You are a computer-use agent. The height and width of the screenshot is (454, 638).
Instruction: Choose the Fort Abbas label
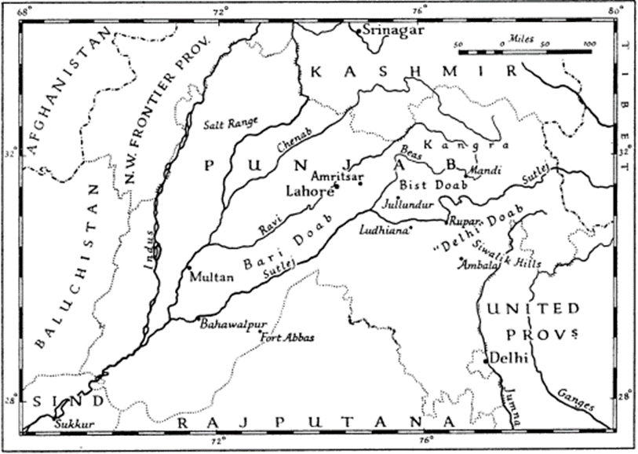point(288,338)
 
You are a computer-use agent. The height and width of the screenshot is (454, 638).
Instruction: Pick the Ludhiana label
point(383,231)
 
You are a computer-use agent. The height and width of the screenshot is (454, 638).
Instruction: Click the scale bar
point(525,52)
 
